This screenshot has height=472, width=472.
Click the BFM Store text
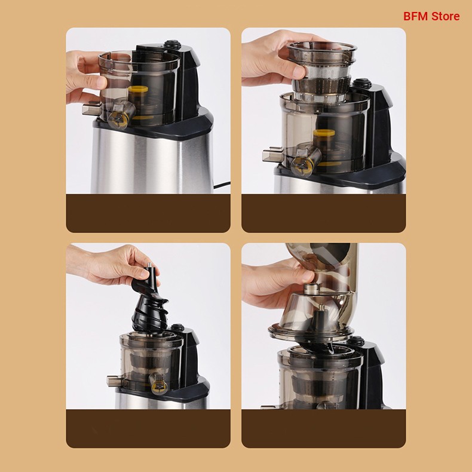pos(431,16)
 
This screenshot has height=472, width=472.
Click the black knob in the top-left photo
pos(173,45)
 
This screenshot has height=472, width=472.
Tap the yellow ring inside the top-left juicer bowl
pos(138,89)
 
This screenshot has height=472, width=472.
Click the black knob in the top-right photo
pos(362,84)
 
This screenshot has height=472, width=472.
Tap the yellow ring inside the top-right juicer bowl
pos(324,133)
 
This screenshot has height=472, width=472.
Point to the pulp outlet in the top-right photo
pos(272,154)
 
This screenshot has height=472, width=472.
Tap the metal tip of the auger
pos(149,265)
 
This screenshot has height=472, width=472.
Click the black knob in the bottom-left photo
pos(177,327)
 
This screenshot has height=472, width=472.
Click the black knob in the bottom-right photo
pos(355,341)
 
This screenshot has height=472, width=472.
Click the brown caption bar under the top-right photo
pos(324,213)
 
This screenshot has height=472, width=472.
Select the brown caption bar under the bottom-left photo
pos(148,428)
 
